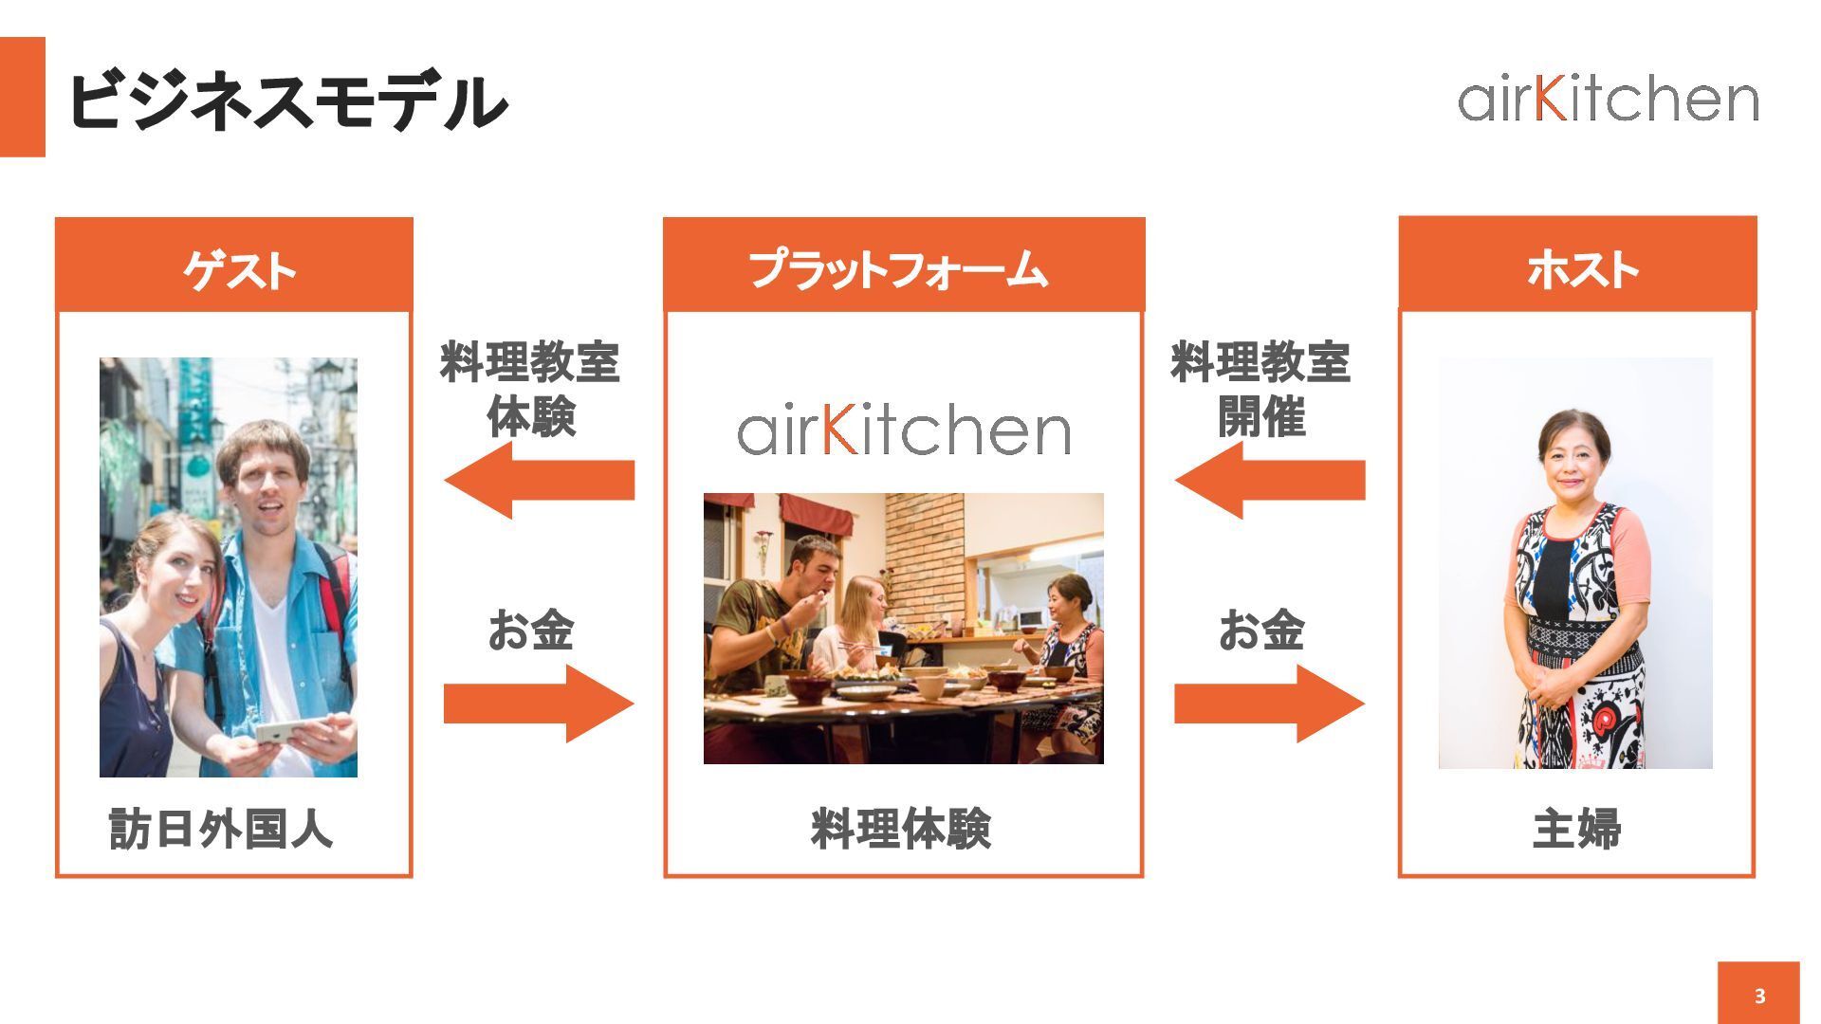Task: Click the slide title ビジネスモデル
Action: (x=286, y=101)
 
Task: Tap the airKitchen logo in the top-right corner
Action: (x=1608, y=99)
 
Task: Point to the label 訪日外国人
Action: (x=221, y=829)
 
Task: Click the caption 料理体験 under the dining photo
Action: (x=901, y=829)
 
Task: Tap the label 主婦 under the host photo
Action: (x=1576, y=829)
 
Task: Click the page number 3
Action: (x=1758, y=996)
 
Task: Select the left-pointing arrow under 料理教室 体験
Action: (x=538, y=480)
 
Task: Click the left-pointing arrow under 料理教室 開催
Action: (x=1269, y=480)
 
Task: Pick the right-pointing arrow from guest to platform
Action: (x=538, y=704)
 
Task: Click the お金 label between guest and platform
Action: (x=531, y=631)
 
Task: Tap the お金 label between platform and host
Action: (x=1261, y=631)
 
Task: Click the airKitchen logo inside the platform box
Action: (x=903, y=431)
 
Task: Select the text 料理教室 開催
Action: (x=1260, y=389)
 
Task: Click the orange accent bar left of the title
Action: (x=22, y=97)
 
